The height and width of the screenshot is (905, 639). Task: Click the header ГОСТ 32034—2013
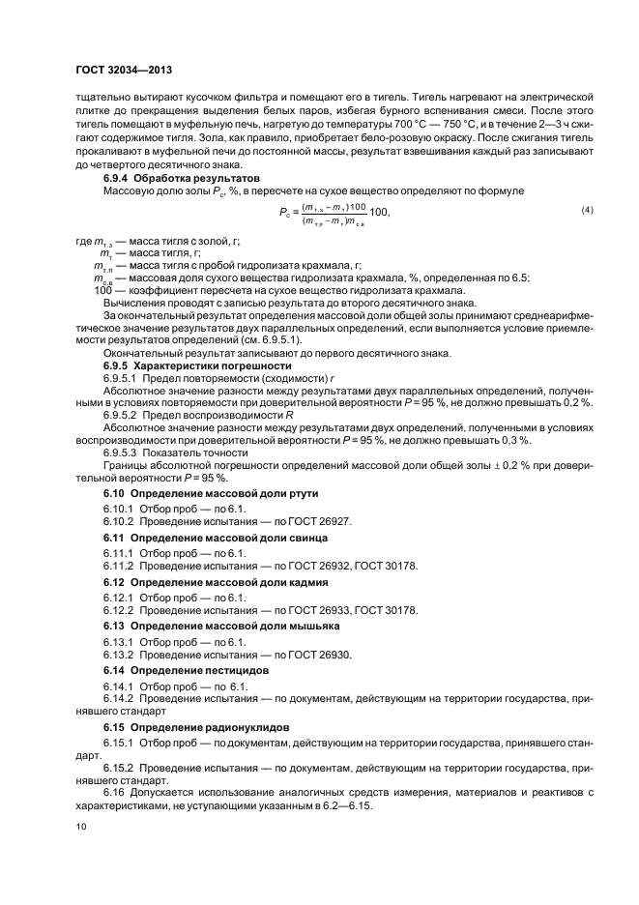[124, 71]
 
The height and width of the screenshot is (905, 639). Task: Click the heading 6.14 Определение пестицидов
[172, 670]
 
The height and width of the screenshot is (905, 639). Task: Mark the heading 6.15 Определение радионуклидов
[180, 726]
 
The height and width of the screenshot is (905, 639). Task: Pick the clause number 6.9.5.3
[120, 452]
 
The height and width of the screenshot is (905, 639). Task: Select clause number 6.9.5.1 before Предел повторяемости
[120, 379]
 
